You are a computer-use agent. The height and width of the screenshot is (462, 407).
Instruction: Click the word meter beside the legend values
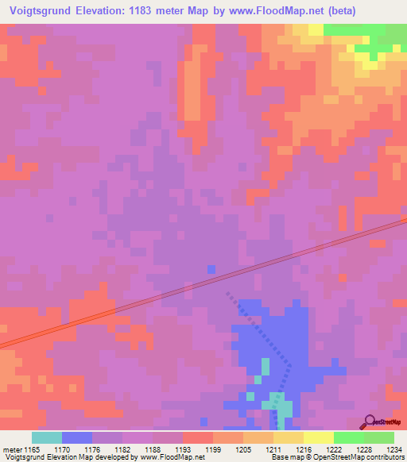pyautogui.click(x=12, y=449)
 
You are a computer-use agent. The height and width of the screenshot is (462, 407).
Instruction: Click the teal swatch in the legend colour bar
pyautogui.click(x=46, y=437)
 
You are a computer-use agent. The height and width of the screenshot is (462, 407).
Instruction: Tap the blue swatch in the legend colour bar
pyautogui.click(x=76, y=437)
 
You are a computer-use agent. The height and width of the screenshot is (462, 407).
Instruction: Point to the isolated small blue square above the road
pyautogui.click(x=211, y=269)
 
